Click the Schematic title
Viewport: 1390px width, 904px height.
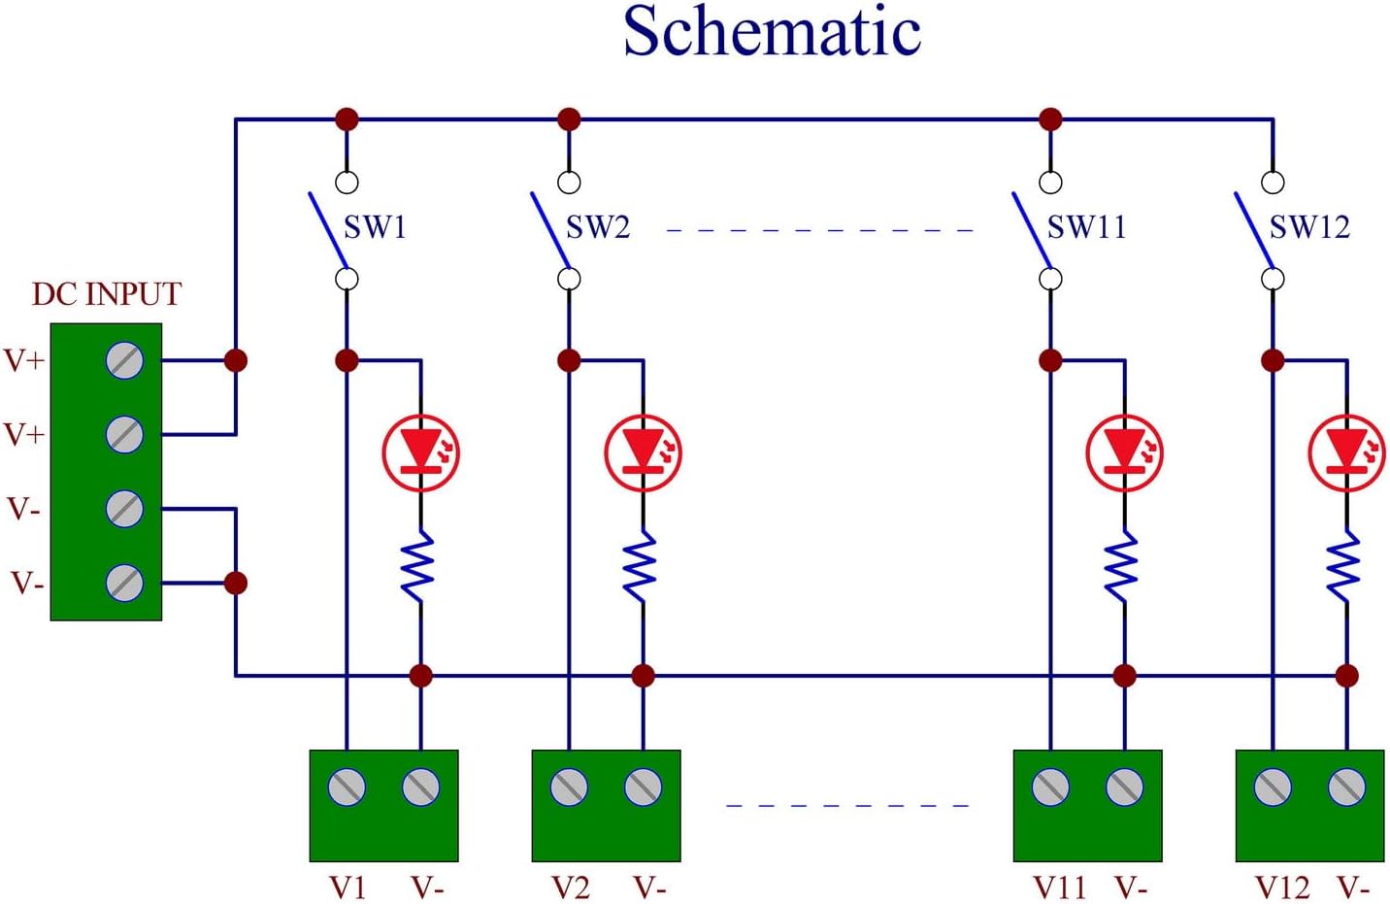point(772,33)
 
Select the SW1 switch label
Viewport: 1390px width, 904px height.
point(375,227)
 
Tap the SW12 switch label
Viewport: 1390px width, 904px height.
point(1309,227)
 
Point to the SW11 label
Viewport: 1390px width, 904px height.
point(1086,227)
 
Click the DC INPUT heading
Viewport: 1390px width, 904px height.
point(107,294)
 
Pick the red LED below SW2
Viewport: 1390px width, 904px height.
point(643,452)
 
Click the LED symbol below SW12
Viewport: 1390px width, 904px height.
point(1346,452)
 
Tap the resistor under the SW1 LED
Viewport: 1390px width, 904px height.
point(420,567)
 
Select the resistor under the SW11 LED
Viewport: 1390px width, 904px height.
point(1124,567)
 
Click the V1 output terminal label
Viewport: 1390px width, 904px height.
point(347,887)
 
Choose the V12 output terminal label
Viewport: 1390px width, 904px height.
point(1281,887)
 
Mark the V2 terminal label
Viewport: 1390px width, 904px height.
point(571,887)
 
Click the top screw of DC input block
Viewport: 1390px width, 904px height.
point(124,360)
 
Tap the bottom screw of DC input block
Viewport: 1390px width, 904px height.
point(124,583)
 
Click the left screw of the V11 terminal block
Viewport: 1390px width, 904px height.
point(1050,787)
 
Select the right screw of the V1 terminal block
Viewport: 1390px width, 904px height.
point(420,787)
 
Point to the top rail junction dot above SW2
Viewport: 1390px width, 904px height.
point(569,119)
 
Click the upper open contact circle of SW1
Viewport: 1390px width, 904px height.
point(347,182)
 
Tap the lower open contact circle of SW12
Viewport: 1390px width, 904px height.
point(1273,280)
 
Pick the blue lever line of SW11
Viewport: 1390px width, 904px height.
point(1031,229)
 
